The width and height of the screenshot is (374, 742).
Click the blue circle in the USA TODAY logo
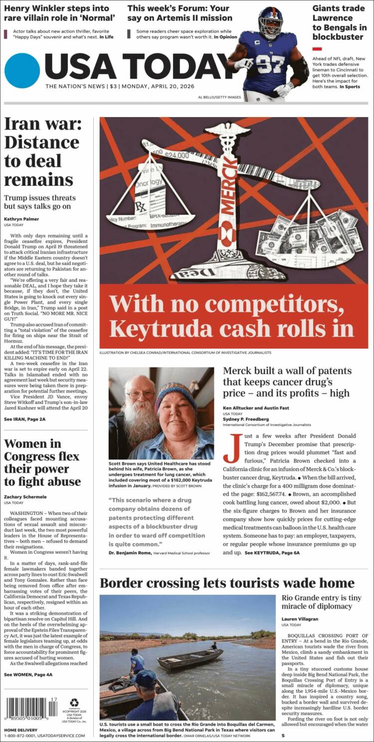pyautogui.click(x=21, y=71)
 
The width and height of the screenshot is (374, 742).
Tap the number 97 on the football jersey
pyautogui.click(x=270, y=63)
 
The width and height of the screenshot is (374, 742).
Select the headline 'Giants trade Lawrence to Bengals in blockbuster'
pyautogui.click(x=339, y=22)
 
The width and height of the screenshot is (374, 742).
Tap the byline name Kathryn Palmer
pyautogui.click(x=21, y=219)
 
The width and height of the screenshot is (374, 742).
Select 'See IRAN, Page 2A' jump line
pyautogui.click(x=25, y=419)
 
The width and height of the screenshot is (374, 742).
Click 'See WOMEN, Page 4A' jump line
pyautogui.click(x=28, y=674)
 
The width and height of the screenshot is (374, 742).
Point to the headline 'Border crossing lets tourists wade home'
pyautogui.click(x=227, y=583)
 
